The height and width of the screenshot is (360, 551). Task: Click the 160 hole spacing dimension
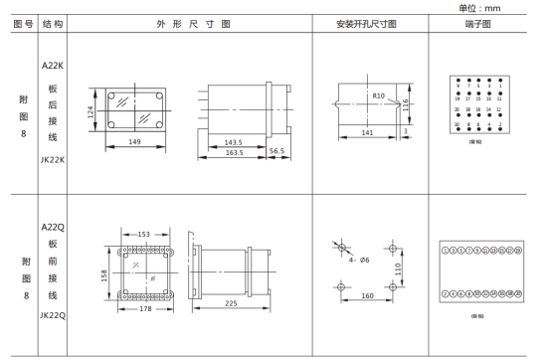point(366,294)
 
